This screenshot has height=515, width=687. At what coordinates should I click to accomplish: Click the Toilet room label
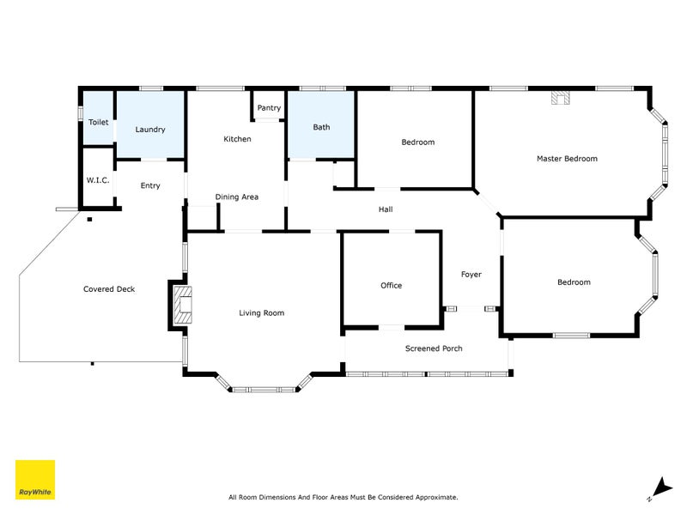98,123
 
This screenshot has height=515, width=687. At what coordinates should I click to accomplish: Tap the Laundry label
150,130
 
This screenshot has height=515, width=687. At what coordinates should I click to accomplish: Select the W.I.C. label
96,180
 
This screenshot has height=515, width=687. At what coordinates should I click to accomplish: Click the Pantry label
269,108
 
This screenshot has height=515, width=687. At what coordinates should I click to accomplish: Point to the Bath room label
321,127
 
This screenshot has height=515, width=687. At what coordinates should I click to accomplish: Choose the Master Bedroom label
567,159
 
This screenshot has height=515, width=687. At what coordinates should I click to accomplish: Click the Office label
391,286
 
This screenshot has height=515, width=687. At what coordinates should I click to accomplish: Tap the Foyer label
471,275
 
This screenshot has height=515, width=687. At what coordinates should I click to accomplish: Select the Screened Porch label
434,348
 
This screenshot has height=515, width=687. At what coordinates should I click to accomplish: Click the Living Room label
261,313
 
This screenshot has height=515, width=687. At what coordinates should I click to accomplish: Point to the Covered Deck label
109,289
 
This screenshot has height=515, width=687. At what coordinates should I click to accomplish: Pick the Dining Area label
237,197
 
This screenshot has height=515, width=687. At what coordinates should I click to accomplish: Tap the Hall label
386,209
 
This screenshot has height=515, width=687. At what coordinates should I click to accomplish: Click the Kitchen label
237,139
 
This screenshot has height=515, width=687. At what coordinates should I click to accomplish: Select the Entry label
150,185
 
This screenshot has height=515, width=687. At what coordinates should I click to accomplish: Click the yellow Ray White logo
35,480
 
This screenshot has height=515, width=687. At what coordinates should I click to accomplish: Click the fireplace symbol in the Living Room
182,306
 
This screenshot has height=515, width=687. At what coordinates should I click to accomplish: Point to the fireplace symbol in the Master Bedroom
561,98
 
